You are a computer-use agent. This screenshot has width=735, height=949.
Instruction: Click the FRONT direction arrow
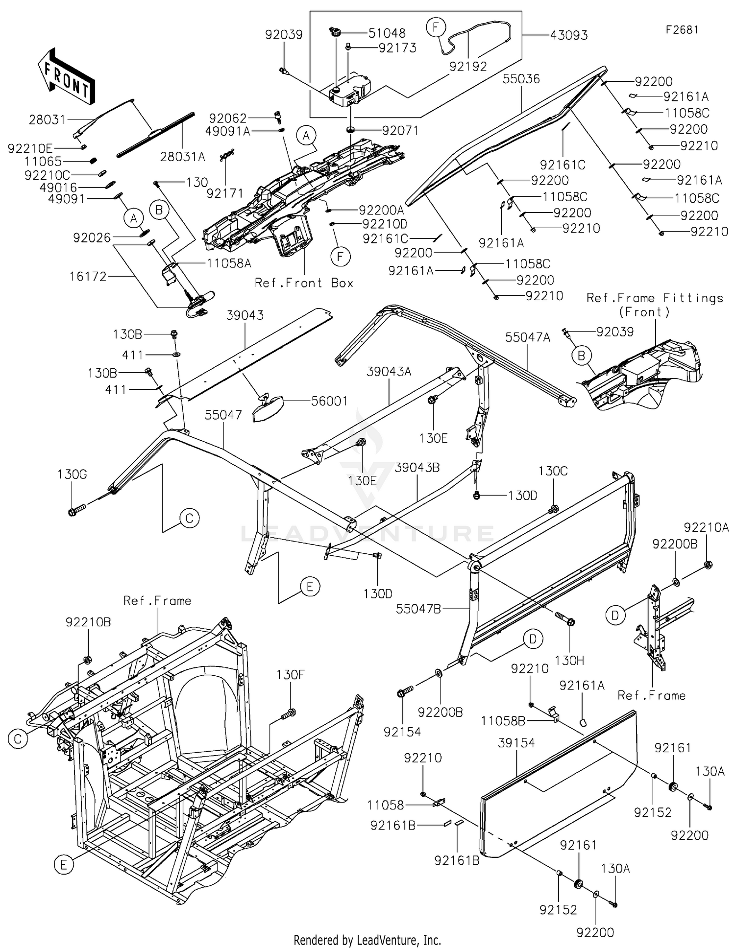[66, 76]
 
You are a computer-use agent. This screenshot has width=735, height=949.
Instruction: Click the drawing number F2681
[682, 30]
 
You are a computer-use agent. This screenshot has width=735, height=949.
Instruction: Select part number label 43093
[569, 36]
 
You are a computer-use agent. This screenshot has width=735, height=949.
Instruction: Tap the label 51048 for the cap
[387, 33]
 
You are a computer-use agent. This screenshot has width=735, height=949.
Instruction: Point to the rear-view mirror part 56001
[267, 409]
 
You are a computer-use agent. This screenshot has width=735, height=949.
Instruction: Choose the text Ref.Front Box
[304, 283]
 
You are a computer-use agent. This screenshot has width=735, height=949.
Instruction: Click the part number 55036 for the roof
[521, 79]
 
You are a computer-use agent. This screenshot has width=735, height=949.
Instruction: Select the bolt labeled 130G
[77, 511]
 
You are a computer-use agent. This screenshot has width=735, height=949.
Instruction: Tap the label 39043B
[417, 468]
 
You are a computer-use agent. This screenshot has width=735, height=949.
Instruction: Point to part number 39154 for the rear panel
[516, 743]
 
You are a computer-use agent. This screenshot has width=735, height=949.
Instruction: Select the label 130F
[291, 675]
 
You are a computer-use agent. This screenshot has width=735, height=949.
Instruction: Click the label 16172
[89, 277]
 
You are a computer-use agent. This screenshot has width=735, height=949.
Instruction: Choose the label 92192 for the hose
[468, 66]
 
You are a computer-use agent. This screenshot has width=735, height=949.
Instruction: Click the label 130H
[569, 660]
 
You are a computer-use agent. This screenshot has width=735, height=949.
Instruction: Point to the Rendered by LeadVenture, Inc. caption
[367, 940]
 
